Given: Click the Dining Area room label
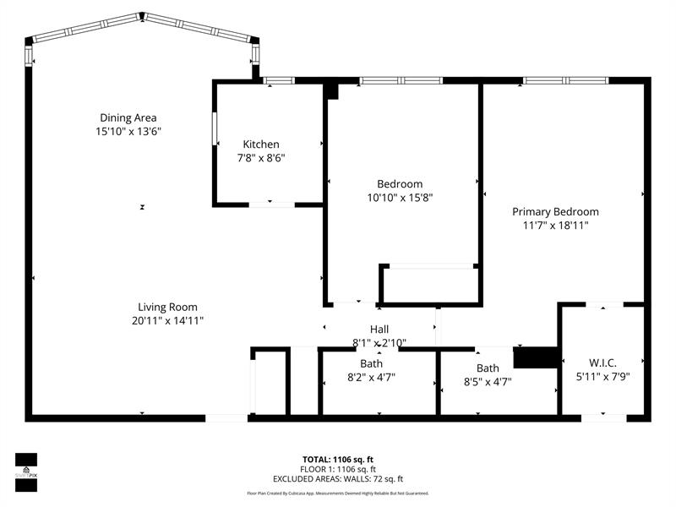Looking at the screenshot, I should coord(128,117).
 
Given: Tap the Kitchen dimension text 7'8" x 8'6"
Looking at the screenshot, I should coord(260,157).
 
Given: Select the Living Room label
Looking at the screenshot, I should coord(168,307).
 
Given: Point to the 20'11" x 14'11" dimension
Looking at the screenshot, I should coord(168,320).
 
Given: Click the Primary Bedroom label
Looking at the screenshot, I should coord(555,211).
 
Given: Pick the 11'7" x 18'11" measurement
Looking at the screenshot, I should coord(555,225).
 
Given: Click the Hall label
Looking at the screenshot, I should coord(379,329).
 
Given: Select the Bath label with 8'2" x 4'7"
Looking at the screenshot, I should coord(371,363).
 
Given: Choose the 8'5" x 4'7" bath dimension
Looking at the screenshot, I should coord(488,381).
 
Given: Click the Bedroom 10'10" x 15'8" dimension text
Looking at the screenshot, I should coord(400,197).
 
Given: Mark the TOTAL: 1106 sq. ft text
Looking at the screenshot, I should coord(338,459).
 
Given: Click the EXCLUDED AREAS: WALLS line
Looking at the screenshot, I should coord(338,478).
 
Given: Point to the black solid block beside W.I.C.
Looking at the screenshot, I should coord(536,358).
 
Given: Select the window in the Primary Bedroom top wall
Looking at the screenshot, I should coord(565,80).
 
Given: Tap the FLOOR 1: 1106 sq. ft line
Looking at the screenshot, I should coord(338,469).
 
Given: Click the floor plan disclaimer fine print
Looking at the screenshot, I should coord(338,493).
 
